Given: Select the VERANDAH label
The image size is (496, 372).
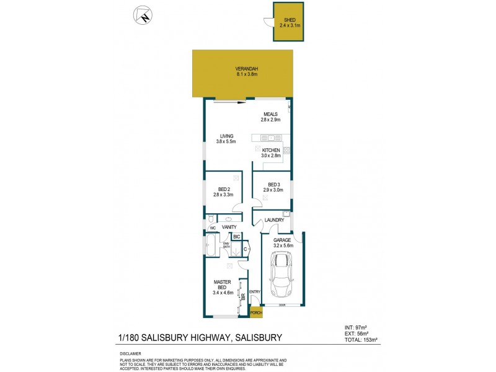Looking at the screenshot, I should tap(246, 71).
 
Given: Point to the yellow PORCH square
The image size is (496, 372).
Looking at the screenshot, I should tap(255, 314).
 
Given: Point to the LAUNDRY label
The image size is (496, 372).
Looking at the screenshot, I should tap(274, 220).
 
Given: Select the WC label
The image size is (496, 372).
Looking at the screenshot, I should tap(212, 228).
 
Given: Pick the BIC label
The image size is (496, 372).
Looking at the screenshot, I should tap(236, 237).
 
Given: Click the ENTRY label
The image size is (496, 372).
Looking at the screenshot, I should tap(255, 292).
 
